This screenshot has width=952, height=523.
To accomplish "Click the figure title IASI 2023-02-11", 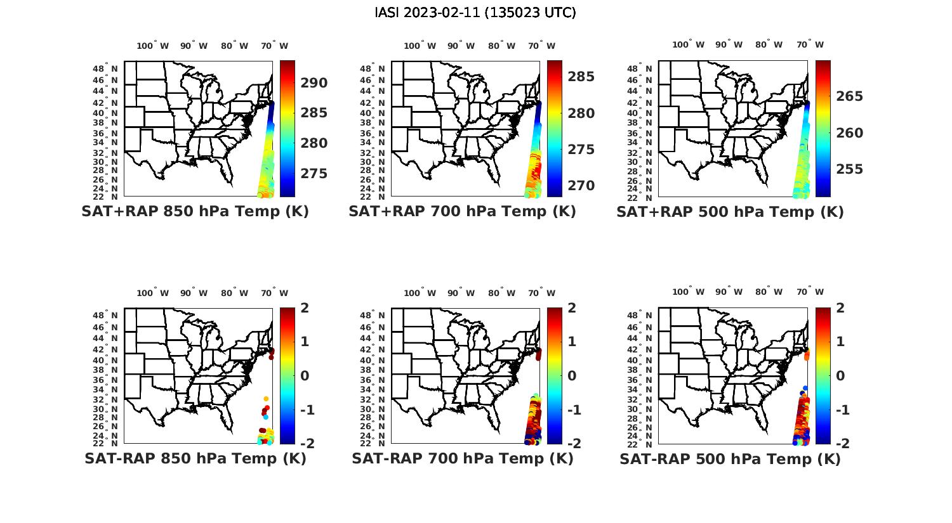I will (475, 13).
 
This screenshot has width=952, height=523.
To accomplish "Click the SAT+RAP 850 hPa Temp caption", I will (195, 212).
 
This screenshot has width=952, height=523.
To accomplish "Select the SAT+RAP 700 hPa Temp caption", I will (462, 212).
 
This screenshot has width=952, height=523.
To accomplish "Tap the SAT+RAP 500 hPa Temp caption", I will (730, 212).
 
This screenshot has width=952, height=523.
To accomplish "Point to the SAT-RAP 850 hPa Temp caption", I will (195, 458).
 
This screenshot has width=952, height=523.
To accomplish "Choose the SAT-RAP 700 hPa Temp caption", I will (462, 458).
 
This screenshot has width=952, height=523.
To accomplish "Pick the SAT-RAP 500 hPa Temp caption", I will (730, 459).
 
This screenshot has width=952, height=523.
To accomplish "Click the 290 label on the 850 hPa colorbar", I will (314, 83).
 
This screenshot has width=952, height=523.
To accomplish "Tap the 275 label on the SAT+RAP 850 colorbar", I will (314, 174).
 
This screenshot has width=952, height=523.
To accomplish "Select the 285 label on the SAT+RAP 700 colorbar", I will (581, 77).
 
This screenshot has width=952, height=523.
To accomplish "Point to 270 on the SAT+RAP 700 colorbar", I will (581, 186).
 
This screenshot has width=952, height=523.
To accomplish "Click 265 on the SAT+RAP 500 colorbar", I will (849, 96).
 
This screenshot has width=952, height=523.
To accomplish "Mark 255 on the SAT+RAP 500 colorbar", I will (849, 169).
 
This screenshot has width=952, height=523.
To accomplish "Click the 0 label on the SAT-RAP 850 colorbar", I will (305, 375).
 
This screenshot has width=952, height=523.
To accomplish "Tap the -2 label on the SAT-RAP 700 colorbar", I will (569, 443).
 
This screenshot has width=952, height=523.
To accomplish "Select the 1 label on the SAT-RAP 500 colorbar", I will (840, 342).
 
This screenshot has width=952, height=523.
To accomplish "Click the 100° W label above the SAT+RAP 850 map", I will (152, 46).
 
